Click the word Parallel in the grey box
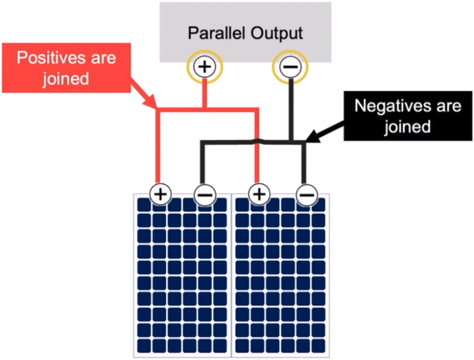tap(216, 33)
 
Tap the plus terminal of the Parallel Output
tap(205, 66)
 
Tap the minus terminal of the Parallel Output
tap(290, 66)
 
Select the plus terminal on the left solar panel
tap(161, 194)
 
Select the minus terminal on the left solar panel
tap(205, 195)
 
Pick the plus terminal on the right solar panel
tap(259, 194)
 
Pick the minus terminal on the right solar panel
tap(307, 195)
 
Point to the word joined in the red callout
tap(66, 79)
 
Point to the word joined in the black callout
tap(408, 127)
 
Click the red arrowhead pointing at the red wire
tap(150, 102)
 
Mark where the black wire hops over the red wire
tap(257, 141)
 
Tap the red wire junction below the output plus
tap(205, 109)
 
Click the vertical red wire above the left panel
tap(157, 146)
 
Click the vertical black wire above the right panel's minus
tap(304, 163)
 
